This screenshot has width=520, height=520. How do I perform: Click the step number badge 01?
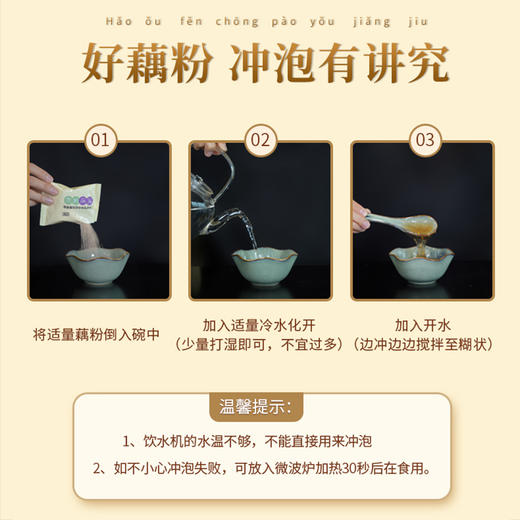99,139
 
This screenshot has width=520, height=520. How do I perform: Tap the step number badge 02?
260,139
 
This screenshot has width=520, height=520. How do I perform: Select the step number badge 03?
423,139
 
